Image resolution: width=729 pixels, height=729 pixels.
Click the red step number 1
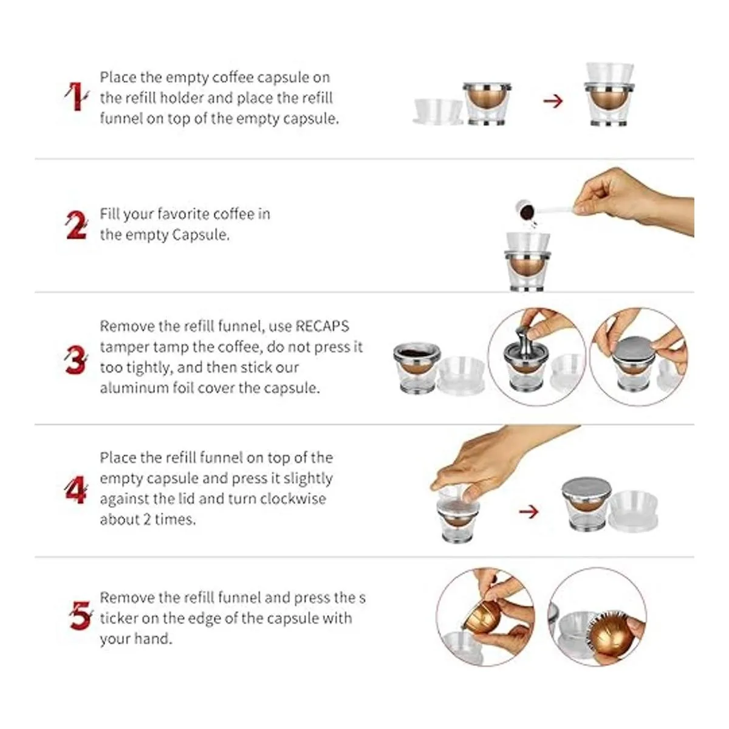coord(77,97)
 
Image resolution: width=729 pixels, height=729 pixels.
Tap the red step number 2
coord(77,225)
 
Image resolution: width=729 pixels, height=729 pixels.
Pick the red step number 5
coord(80,616)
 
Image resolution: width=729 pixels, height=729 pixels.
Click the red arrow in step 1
coord(553,101)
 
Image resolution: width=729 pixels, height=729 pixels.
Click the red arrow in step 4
coord(529,512)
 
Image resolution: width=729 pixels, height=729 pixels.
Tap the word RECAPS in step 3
coord(322,326)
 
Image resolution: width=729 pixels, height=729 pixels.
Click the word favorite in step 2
coord(183,214)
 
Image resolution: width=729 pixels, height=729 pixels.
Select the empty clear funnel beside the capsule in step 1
coord(439,111)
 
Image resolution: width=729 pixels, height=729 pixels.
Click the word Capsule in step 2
coord(200,235)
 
